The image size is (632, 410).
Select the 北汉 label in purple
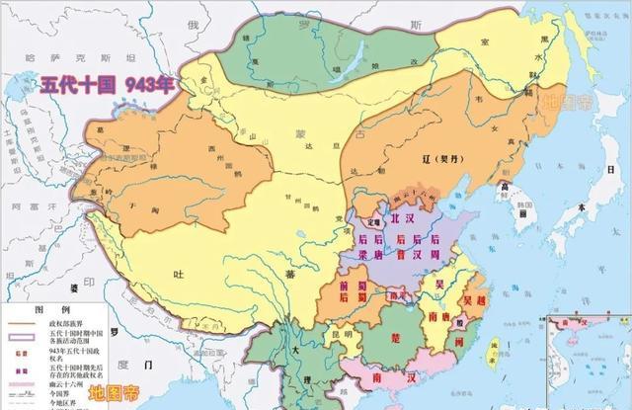point(404,219)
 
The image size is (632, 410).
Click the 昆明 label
point(341,333)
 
